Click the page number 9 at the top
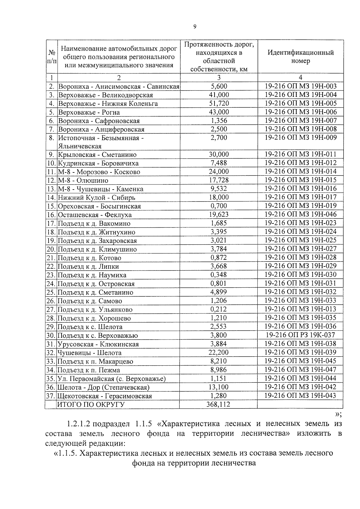[x=195, y=27]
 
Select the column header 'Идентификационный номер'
[x=300, y=57]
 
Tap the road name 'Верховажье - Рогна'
[x=89, y=112]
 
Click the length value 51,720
[x=219, y=103]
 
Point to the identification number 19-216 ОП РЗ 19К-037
[x=300, y=335]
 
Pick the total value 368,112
[x=218, y=404]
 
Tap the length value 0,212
[x=218, y=309]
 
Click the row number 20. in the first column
[x=51, y=249]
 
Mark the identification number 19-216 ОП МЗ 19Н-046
[x=300, y=214]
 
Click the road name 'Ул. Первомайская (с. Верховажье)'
[x=112, y=379]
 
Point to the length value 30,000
[x=219, y=154]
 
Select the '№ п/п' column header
[x=51, y=57]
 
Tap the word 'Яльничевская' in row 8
[x=80, y=146]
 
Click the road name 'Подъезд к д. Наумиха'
[x=92, y=275]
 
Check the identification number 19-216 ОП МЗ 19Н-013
[x=300, y=309]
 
